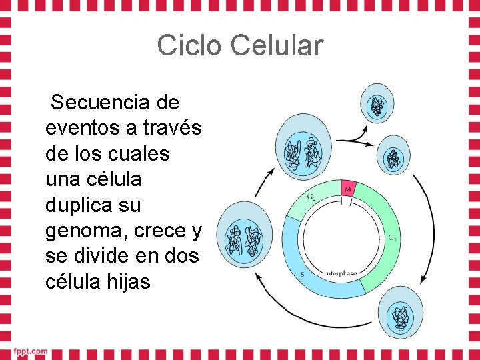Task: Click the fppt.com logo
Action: tap(29, 351)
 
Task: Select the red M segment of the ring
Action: tap(348, 189)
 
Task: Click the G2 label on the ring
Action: tap(311, 197)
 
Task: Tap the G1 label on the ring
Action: tap(392, 237)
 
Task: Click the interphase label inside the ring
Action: tap(341, 273)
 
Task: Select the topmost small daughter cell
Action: tap(377, 105)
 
